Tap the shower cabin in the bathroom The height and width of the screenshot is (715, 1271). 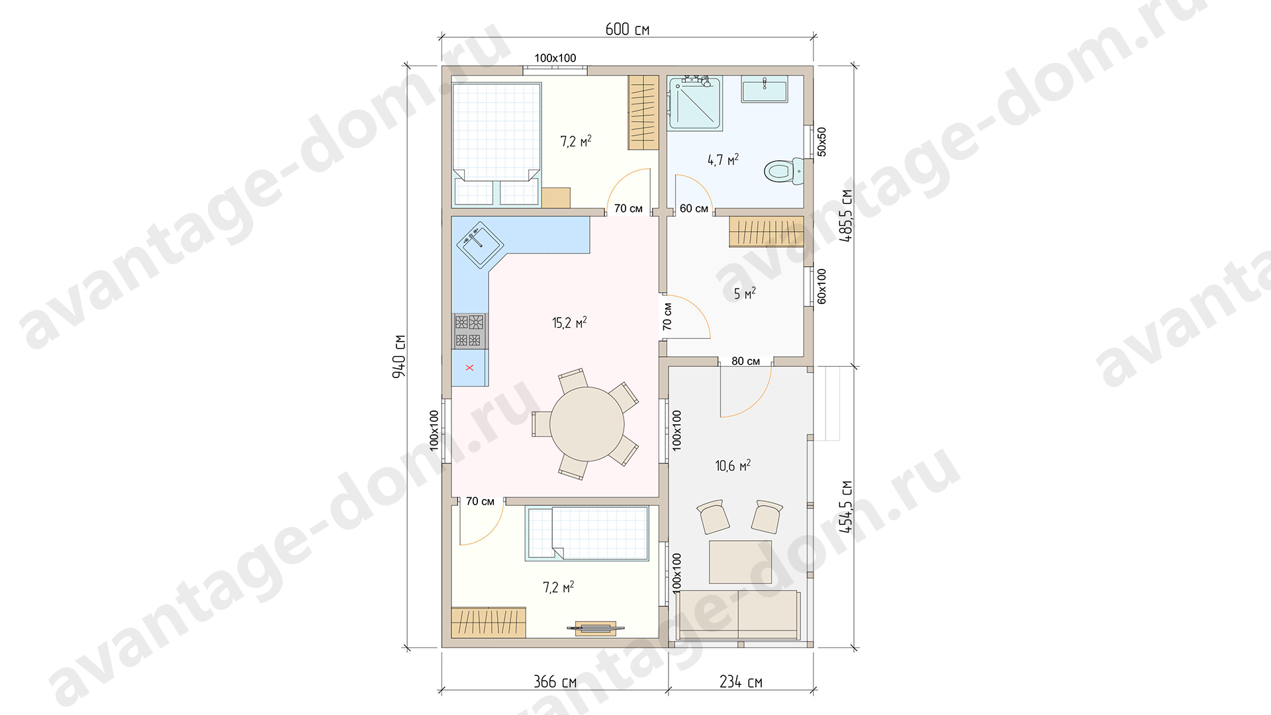[x=694, y=103]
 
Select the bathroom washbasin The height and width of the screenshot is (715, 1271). [x=765, y=89]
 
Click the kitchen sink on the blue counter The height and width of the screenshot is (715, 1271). [x=480, y=244]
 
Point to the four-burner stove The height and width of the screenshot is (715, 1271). [x=469, y=331]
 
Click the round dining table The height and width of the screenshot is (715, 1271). [x=587, y=424]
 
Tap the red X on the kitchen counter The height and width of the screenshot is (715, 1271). [x=469, y=367]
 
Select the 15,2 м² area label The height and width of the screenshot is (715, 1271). [x=569, y=322]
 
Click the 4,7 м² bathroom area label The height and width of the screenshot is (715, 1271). [x=723, y=160]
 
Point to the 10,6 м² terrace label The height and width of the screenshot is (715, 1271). [x=733, y=465]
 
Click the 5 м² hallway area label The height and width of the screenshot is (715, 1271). [x=745, y=293]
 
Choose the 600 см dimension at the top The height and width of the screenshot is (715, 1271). [x=627, y=29]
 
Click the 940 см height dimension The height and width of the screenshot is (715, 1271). [x=399, y=356]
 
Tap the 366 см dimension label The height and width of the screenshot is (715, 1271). [x=555, y=682]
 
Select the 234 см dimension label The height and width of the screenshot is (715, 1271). [x=741, y=682]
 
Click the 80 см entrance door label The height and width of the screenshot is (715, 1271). [x=745, y=361]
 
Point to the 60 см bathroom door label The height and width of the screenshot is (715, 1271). [x=694, y=209]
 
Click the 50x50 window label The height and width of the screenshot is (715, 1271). [x=822, y=142]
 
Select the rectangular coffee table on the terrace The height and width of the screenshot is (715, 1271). [x=740, y=562]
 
